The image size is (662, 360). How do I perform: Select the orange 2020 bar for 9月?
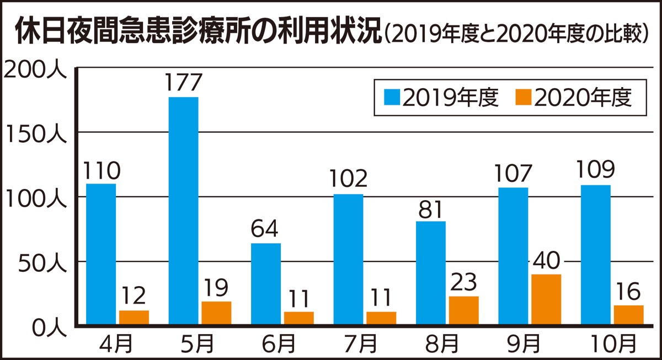546,299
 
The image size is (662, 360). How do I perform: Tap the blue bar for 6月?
266,284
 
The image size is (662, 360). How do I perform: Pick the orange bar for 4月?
134,318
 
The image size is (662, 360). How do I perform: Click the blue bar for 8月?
431,273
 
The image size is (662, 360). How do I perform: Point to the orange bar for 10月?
628,315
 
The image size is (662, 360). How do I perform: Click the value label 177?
183,84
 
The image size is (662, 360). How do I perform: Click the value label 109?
596,171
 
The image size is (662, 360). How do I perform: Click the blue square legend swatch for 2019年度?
392,99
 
